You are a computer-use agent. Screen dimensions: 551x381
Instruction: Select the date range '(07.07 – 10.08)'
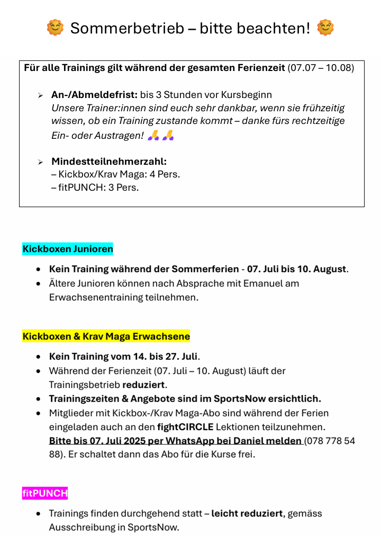pyautogui.click(x=321, y=68)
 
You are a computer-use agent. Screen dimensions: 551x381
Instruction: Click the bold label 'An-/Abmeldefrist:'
pyautogui.click(x=94, y=95)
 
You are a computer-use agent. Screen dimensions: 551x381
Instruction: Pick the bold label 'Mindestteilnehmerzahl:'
pyautogui.click(x=109, y=162)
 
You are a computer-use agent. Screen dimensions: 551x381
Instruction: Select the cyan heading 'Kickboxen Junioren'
pyautogui.click(x=68, y=248)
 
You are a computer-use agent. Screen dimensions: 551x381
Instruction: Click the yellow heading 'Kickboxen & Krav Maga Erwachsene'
pyautogui.click(x=106, y=336)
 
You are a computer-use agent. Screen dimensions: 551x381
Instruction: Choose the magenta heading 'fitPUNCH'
pyautogui.click(x=45, y=493)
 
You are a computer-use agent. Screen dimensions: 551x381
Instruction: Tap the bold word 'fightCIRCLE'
pyautogui.click(x=185, y=426)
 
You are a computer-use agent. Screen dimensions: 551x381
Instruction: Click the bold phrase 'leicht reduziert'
pyautogui.click(x=247, y=513)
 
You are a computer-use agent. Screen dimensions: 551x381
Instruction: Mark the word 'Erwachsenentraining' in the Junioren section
pyautogui.click(x=96, y=297)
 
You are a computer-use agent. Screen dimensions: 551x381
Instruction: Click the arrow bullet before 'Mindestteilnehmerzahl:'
pyautogui.click(x=40, y=162)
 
